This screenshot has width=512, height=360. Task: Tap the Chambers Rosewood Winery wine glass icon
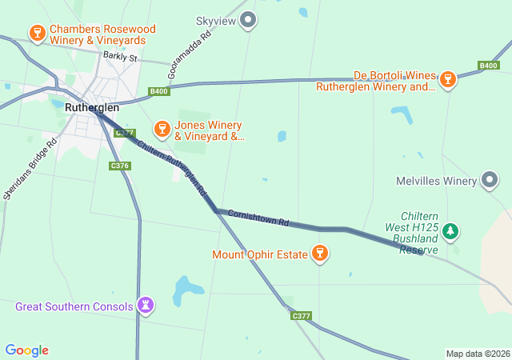coord(37,33)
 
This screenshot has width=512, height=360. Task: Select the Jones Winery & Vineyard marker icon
coord(162,130)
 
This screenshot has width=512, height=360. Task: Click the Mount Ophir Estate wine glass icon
coord(320,254)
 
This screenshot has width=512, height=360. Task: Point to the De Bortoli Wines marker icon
coord(448,78)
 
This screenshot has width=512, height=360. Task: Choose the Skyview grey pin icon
coord(249,20)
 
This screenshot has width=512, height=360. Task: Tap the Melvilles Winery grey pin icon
coord(490,181)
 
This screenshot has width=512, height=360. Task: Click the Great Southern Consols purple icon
coord(146,305)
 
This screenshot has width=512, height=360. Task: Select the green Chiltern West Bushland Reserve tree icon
coord(451,231)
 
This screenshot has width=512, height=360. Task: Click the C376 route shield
coord(119,166)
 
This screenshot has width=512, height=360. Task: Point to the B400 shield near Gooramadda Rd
coord(159,92)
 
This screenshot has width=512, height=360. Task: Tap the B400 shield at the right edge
coord(489,66)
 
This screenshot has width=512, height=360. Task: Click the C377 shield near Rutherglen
coord(124,134)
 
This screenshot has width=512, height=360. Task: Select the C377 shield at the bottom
coord(301,316)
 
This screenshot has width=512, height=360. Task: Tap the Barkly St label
coord(120,57)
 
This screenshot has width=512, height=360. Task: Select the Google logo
coord(27,350)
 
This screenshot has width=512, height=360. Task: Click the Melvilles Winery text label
coord(436,181)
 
